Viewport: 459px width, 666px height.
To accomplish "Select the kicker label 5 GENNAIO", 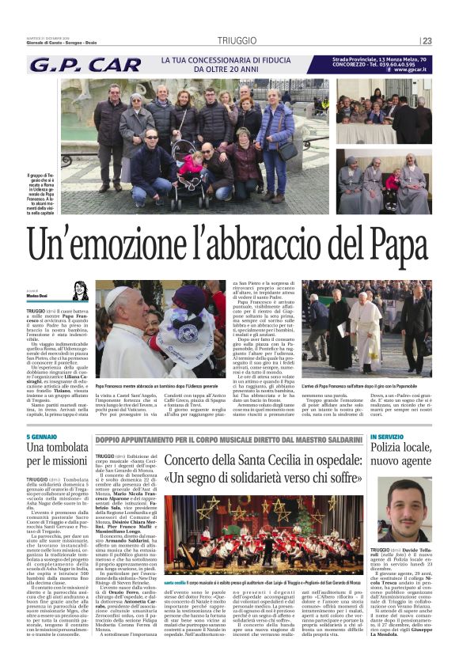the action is coord(41,437).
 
